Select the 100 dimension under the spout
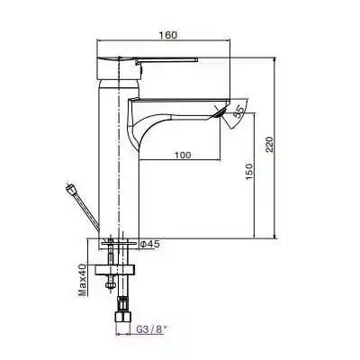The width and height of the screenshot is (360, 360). [x=182, y=156]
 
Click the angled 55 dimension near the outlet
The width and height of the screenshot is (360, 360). [x=238, y=112]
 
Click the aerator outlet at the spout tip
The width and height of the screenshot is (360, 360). [x=219, y=111]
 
